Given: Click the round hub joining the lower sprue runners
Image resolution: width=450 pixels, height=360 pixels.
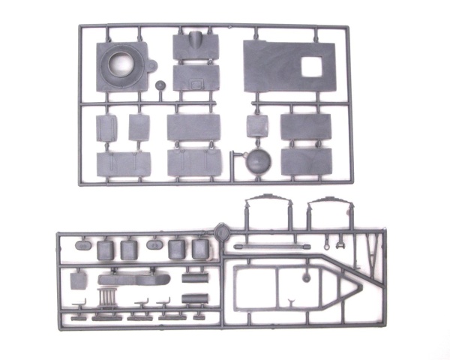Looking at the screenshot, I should click(221, 232).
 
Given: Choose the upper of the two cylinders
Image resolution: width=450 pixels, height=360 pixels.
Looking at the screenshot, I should click(193, 278).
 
